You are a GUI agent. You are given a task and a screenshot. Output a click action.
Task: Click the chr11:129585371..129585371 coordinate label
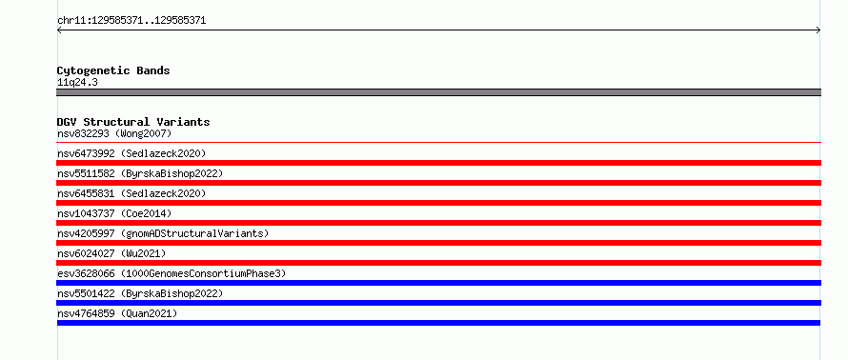tap(131, 21)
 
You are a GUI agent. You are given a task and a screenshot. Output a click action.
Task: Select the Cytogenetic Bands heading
tap(113, 70)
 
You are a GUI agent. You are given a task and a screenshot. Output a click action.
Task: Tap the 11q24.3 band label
tap(77, 83)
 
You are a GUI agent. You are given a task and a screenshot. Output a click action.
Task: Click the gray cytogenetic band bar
tap(438, 92)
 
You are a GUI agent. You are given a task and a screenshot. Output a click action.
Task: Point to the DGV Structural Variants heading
tap(133, 122)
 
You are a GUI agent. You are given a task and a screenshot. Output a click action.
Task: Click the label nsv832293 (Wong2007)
tap(114, 133)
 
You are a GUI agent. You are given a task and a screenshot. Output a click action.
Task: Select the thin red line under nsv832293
tap(438, 142)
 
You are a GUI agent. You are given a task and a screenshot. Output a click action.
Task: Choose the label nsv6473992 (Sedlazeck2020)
tap(131, 153)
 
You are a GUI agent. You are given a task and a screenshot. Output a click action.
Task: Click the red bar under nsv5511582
tap(438, 183)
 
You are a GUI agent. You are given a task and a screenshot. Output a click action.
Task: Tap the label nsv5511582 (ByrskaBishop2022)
tap(140, 173)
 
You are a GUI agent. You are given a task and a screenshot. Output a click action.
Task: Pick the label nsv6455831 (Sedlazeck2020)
tap(131, 193)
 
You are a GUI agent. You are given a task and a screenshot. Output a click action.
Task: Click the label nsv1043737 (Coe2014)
tap(114, 213)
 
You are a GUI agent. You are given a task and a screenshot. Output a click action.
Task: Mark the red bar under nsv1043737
tap(438, 223)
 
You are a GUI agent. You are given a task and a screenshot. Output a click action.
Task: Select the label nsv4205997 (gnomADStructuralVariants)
tap(163, 233)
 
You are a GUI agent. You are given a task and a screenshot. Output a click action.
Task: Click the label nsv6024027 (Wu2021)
tap(111, 253)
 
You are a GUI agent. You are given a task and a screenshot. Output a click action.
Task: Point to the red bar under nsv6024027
tap(438, 263)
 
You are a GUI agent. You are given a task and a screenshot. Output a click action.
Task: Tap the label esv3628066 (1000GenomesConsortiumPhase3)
tap(172, 273)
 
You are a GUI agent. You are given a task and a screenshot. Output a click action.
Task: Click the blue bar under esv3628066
tap(438, 283)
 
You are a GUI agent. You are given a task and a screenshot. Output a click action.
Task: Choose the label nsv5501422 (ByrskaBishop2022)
tap(140, 293)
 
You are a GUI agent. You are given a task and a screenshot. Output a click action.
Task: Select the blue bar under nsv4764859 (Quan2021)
tap(438, 323)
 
